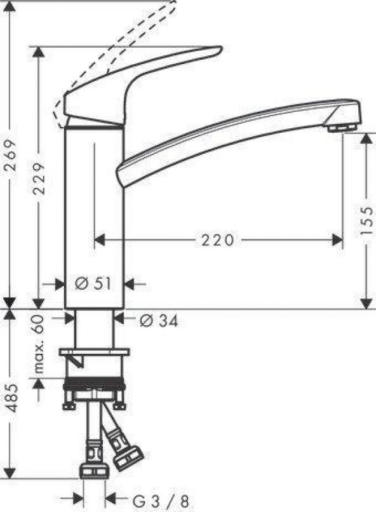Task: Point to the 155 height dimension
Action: [367, 220]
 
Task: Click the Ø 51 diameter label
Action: [93, 284]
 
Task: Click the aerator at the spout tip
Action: [341, 128]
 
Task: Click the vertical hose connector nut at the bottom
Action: [95, 468]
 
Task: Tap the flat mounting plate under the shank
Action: [94, 352]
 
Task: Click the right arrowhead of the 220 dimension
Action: [338, 239]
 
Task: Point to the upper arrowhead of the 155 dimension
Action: [367, 138]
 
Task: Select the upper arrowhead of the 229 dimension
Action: [39, 52]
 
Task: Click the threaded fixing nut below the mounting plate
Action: [95, 388]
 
